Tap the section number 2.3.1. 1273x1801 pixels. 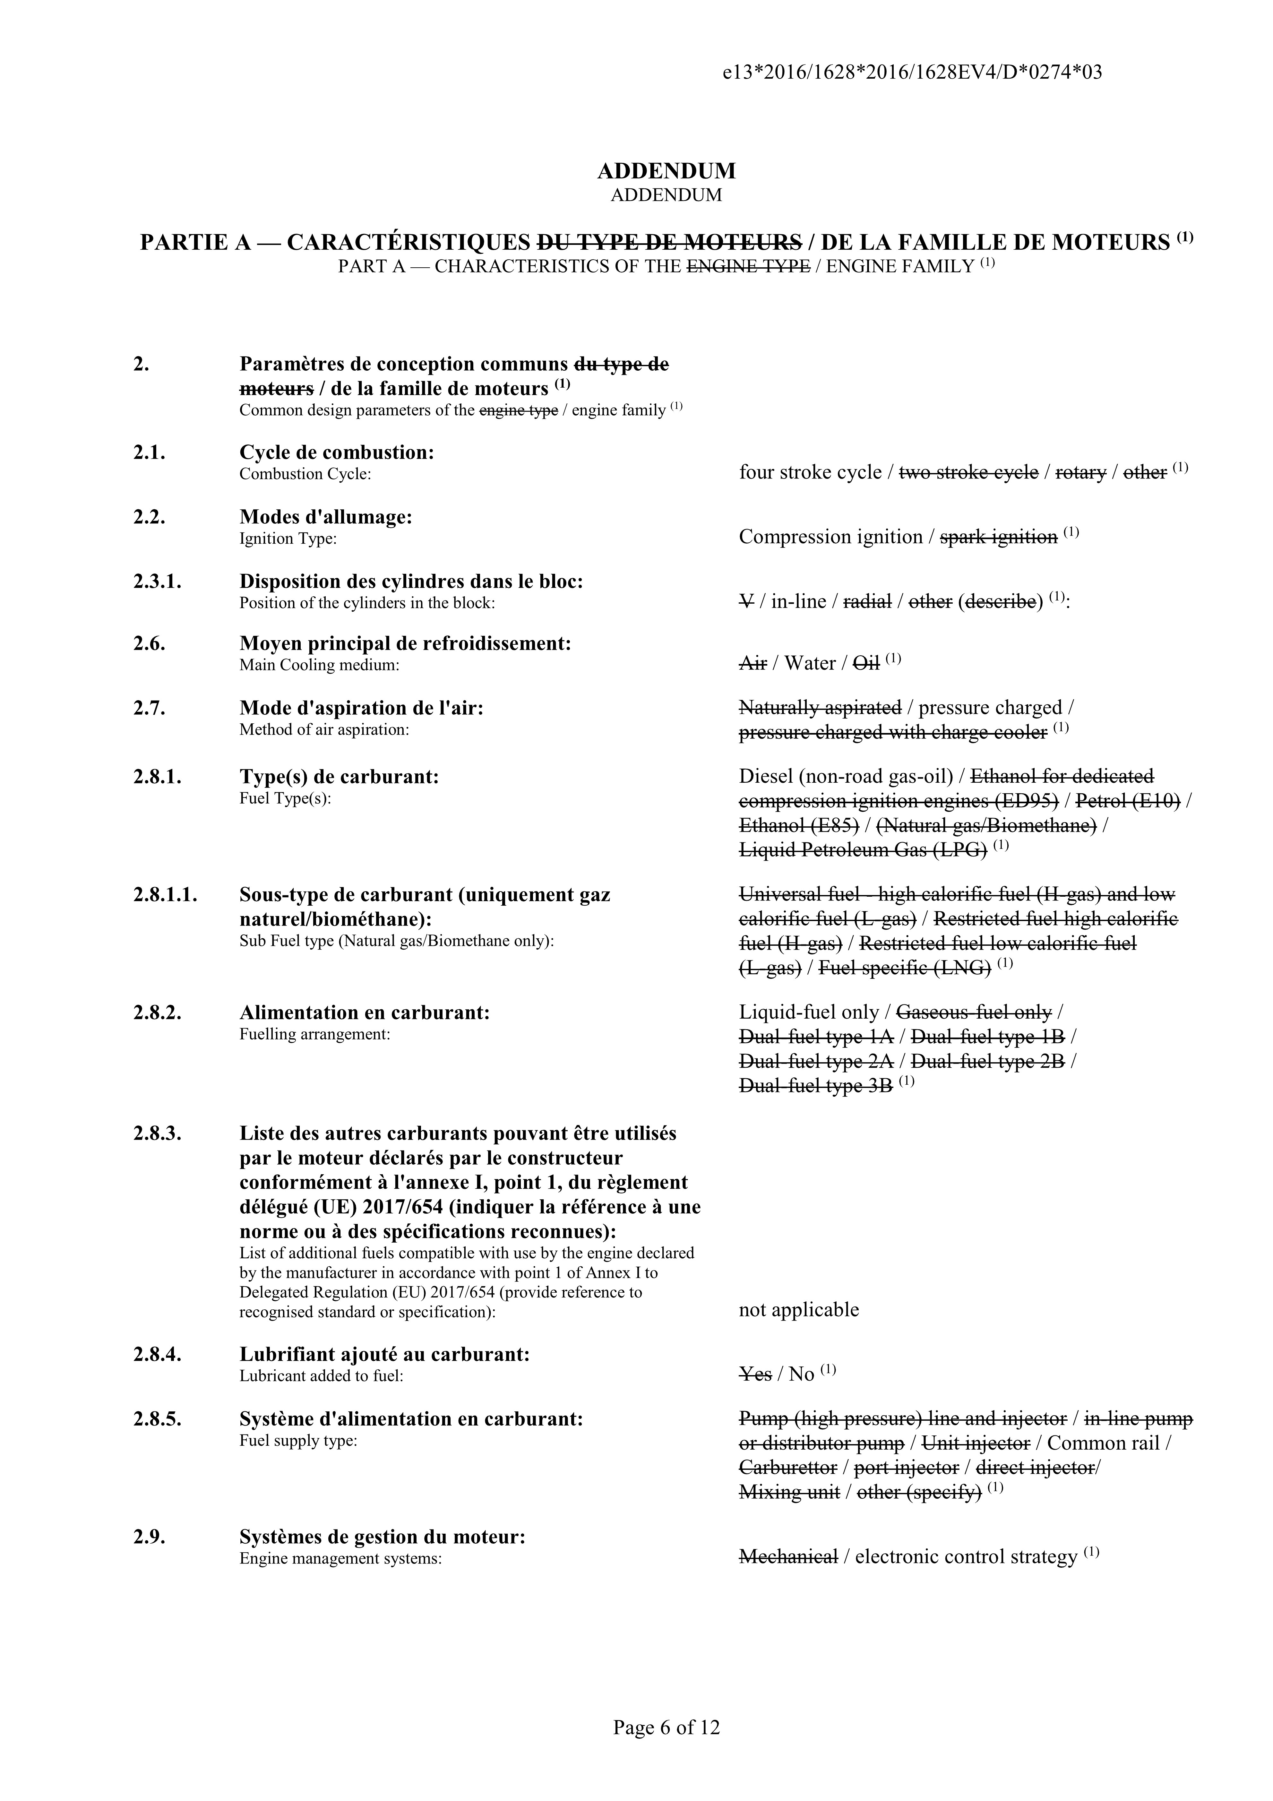click(157, 582)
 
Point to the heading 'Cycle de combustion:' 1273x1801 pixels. click(337, 452)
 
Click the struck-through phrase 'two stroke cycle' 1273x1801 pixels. click(968, 473)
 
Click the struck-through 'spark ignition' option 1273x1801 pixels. click(999, 538)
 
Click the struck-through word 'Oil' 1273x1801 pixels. click(866, 664)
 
